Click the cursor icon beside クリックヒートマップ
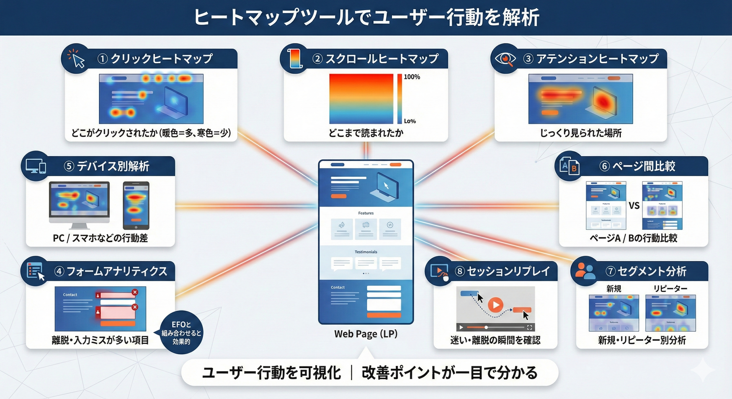pos(76,59)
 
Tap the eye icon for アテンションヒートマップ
pos(505,59)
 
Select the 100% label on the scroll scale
pos(412,77)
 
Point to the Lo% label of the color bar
pos(410,121)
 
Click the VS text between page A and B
pos(634,206)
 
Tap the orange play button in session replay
pos(496,305)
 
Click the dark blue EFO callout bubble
pos(181,333)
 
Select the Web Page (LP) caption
pos(366,334)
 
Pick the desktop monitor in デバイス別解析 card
pos(79,202)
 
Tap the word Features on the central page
pos(366,213)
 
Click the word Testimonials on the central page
pos(366,252)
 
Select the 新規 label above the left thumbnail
pos(614,289)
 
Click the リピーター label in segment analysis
pos(670,289)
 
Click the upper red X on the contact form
pos(135,292)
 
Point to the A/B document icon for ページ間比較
pos(569,166)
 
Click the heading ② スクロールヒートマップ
pos(376,59)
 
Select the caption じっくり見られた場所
pos(580,133)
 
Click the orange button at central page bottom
pos(384,316)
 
